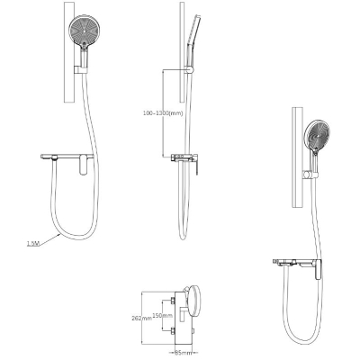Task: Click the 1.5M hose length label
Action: [x=33, y=243]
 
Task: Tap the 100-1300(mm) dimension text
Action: [x=162, y=113]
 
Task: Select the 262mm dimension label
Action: [x=142, y=318]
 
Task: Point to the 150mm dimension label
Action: [x=163, y=315]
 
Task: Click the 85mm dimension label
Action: [x=183, y=353]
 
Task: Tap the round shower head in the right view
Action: [x=317, y=136]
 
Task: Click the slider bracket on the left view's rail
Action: [x=80, y=69]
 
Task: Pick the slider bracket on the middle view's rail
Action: [x=190, y=70]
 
